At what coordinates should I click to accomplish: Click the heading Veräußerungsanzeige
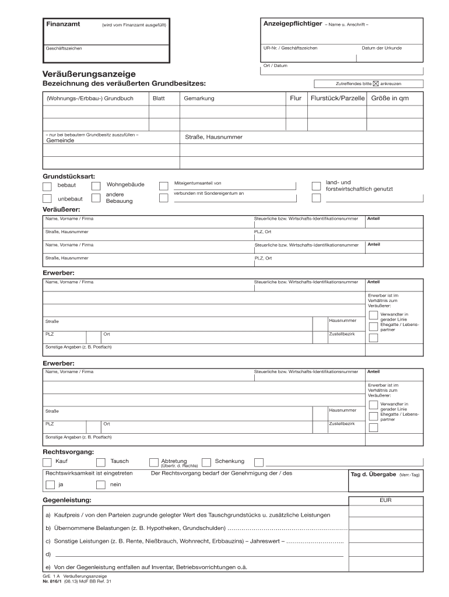89,74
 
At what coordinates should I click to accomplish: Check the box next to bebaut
47,186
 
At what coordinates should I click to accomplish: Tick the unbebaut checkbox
47,198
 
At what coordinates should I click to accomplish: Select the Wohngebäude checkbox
96,186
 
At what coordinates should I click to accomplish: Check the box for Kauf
47,462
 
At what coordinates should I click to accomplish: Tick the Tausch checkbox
100,462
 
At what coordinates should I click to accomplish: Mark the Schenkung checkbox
206,462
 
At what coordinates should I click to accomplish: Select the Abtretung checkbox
154,462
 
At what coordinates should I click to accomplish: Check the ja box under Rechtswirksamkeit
50,485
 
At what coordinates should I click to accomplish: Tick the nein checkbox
100,485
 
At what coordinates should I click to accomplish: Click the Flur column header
296,99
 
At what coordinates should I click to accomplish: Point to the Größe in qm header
390,99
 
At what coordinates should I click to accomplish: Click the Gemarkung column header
199,99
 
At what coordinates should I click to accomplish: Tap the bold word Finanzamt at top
63,24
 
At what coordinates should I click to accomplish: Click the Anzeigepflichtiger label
293,24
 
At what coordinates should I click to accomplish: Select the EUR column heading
385,500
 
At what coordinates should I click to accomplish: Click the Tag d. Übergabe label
373,475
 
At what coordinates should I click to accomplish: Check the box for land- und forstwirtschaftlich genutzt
316,186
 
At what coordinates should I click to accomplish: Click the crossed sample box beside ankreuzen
376,83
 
